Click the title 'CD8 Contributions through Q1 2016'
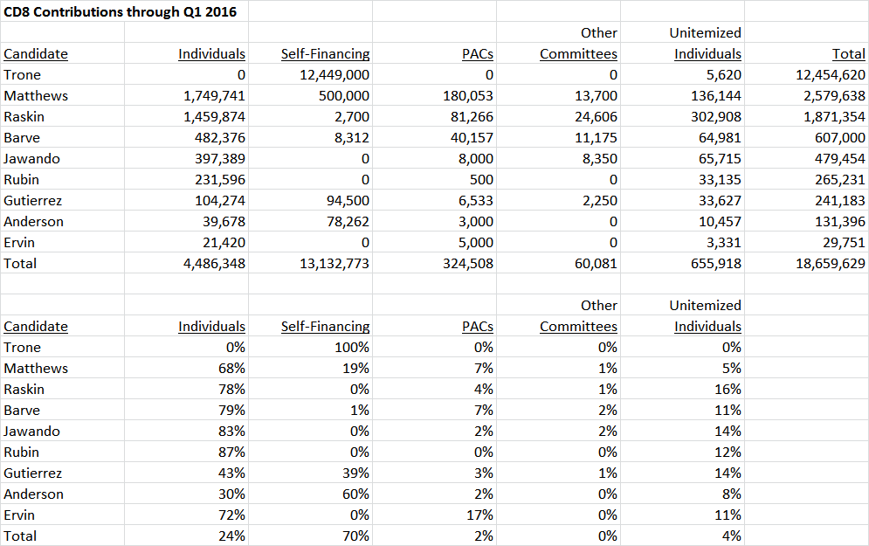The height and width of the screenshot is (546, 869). (120, 11)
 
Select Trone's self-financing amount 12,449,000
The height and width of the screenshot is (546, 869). (334, 75)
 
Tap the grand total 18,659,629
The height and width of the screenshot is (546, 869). (831, 263)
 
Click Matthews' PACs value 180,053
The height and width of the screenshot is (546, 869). (468, 96)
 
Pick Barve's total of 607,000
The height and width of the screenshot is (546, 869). (839, 138)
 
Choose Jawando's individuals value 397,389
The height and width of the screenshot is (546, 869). (219, 159)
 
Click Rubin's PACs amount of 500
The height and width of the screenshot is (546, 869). (481, 180)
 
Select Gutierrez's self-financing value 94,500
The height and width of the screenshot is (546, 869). (348, 201)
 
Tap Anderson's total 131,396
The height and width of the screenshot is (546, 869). (839, 222)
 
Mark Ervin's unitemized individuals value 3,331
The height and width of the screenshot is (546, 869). (724, 243)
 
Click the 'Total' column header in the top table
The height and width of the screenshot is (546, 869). (849, 54)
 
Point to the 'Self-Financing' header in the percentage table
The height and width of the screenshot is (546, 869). (325, 327)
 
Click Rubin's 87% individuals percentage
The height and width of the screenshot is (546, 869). (231, 453)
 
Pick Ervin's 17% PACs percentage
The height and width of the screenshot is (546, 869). (480, 515)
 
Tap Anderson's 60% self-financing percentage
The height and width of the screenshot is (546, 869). (355, 494)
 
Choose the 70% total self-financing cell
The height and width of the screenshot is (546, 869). (355, 536)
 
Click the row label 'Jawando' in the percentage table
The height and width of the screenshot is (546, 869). (31, 432)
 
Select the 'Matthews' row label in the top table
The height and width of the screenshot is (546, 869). (36, 96)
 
